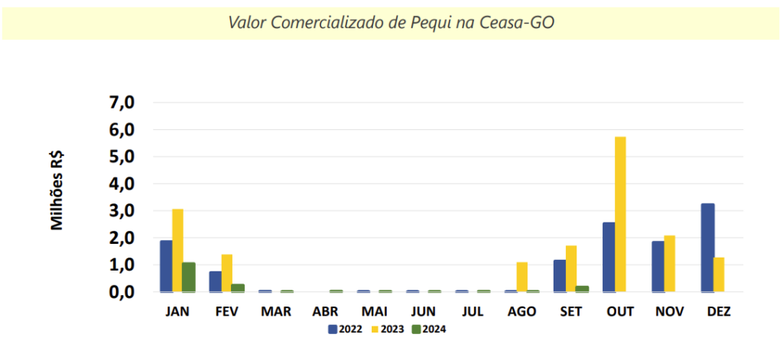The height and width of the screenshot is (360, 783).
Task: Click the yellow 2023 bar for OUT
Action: coord(620,214)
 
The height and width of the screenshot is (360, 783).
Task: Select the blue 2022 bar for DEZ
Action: coord(707,248)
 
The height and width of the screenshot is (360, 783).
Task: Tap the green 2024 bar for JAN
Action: coord(189,277)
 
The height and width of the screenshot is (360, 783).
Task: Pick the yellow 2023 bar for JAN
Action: coord(177,250)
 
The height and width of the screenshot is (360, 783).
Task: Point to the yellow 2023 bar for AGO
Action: coord(522,277)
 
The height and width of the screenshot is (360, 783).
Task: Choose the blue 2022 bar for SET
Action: coord(560,275)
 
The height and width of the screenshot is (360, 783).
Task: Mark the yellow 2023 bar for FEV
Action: coord(226,273)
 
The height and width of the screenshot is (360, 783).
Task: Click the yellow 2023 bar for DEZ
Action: coord(719,274)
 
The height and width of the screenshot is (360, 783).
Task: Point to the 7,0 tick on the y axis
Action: coord(122,102)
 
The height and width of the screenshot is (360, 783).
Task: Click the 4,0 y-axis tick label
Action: coord(122,184)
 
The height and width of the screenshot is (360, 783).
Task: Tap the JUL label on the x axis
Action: coord(473,313)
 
